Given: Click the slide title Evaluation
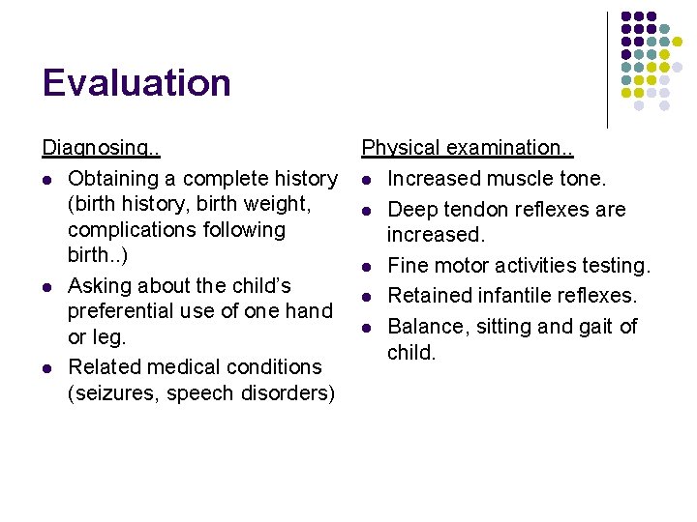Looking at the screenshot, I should point(136,83).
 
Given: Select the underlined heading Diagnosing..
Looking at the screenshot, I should point(101,149).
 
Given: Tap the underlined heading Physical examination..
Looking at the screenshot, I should point(468,148).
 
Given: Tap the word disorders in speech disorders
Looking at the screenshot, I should point(287,393).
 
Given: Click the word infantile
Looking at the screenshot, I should point(512,296).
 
